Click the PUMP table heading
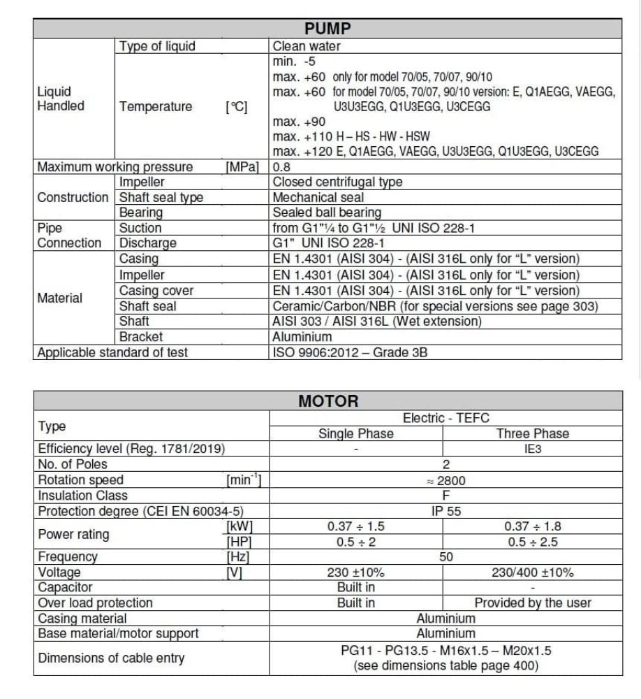327,29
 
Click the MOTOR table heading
327,401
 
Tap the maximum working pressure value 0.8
281,167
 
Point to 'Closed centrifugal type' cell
337,182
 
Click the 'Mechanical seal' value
318,197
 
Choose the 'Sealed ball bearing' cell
327,212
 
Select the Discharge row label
148,243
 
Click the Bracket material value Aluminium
302,337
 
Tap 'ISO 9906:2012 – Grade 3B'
350,352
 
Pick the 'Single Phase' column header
356,433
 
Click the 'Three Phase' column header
533,433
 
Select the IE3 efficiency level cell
533,449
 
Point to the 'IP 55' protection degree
445,511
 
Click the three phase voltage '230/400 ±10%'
533,572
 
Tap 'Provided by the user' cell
533,603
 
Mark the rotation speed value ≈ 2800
445,480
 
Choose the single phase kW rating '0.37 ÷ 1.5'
356,526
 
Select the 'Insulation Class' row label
83,496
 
